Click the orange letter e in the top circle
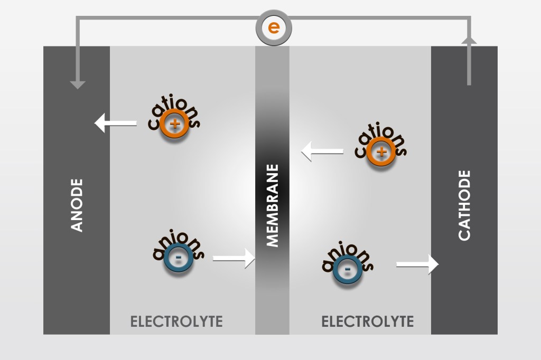pos(273,27)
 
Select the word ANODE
pos(77,205)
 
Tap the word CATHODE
pos(464,205)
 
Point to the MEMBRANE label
pos(272,205)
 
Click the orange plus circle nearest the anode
pos(174,125)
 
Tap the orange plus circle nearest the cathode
pos(381,152)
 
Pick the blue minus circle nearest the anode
pos(178,259)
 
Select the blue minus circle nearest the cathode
pos(347,269)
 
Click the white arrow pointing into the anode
pos(115,124)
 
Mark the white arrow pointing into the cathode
pos(417,264)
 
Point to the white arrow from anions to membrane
pos(234,259)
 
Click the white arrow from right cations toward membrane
pos(322,152)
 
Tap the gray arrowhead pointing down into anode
pos(78,84)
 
